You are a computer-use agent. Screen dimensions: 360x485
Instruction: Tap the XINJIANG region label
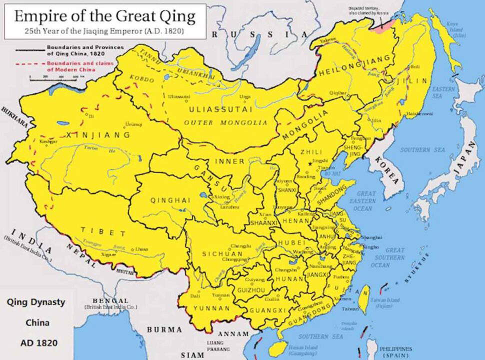pyautogui.click(x=101, y=135)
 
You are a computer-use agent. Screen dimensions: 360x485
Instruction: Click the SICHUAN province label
pyautogui.click(x=222, y=254)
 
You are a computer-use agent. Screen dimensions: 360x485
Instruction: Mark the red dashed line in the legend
pyautogui.click(x=29, y=64)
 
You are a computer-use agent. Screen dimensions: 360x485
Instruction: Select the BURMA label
pyautogui.click(x=164, y=329)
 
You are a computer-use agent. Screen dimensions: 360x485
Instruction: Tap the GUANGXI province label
pyautogui.click(x=270, y=310)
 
